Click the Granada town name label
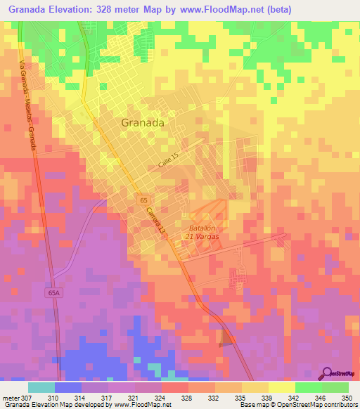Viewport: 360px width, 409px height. pyautogui.click(x=143, y=122)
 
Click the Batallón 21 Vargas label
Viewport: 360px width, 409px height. pyautogui.click(x=202, y=233)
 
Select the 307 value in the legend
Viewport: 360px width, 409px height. pyautogui.click(x=27, y=397)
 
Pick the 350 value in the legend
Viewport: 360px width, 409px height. pyautogui.click(x=347, y=397)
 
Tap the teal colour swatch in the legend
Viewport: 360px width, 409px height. pyautogui.click(x=41, y=387)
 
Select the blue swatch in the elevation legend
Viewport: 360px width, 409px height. pyautogui.click(x=67, y=387)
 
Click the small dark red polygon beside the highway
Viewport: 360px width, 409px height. pyautogui.click(x=227, y=338)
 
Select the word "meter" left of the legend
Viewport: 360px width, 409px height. pyautogui.click(x=11, y=397)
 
